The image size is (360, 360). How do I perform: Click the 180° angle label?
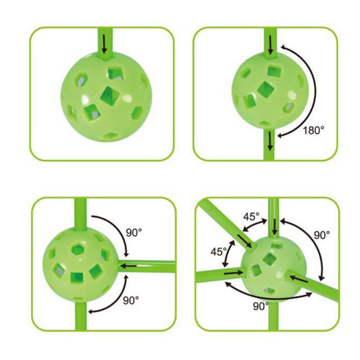(314, 130)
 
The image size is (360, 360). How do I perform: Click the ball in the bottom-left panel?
(80, 265)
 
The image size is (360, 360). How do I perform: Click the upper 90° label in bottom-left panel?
(134, 232)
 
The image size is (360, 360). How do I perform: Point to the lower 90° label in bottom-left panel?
(131, 300)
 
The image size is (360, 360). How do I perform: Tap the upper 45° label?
(251, 216)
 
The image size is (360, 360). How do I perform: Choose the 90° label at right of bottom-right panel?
(322, 235)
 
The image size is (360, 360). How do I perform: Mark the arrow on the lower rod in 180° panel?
(271, 142)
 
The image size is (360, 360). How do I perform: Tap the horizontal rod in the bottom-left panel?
(147, 266)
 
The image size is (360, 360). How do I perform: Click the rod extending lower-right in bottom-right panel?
(312, 283)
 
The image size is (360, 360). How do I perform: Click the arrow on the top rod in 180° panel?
(271, 45)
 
